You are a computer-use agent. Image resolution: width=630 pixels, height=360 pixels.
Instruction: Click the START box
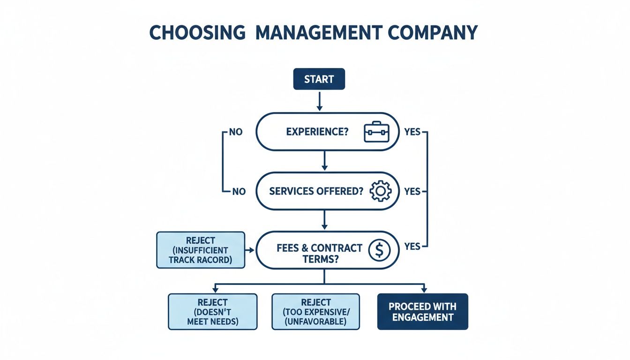click(319, 79)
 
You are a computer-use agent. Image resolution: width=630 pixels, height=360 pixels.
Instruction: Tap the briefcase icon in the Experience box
click(377, 132)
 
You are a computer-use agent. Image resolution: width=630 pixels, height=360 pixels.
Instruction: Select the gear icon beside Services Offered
click(380, 191)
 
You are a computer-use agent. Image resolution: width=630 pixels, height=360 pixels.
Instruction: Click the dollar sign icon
click(379, 251)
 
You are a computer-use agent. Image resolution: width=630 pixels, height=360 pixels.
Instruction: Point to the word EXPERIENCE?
click(317, 132)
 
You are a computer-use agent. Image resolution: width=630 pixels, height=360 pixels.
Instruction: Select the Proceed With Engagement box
click(422, 312)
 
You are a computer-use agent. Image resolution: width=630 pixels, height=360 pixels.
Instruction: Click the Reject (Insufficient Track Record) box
click(201, 250)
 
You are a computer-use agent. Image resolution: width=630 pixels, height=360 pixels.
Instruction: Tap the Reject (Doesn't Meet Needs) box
click(212, 312)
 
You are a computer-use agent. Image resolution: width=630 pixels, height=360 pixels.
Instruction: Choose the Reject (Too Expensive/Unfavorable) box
click(315, 312)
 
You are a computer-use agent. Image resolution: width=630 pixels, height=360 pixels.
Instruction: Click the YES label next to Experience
click(412, 132)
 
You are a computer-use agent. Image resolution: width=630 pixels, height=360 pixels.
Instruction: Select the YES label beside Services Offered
click(412, 191)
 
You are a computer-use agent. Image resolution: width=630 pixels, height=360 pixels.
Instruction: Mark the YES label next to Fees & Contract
click(412, 247)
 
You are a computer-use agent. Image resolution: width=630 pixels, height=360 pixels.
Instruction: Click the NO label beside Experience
click(235, 132)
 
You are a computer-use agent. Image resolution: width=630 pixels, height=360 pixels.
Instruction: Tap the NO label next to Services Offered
click(238, 191)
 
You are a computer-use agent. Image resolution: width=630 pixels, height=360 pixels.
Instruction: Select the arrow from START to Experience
click(319, 101)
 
